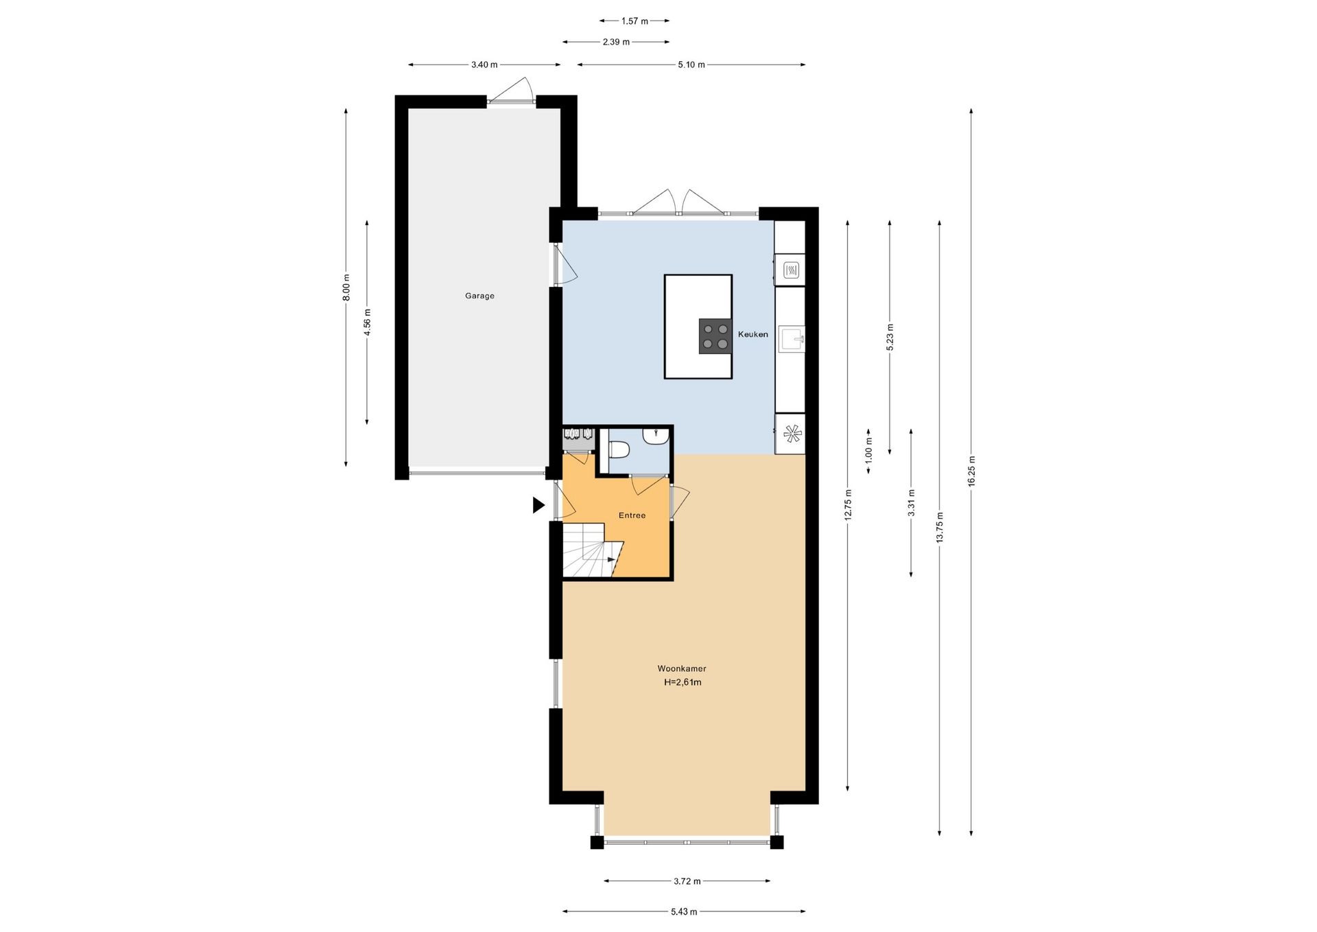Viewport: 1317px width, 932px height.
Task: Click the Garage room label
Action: [x=479, y=296]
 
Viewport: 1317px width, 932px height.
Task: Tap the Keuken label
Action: [x=752, y=334]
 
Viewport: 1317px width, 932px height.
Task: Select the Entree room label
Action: [x=632, y=515]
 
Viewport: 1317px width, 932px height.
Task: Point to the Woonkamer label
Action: [x=682, y=668]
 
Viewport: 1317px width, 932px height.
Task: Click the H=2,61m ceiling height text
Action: [x=683, y=682]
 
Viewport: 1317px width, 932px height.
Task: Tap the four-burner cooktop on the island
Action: [x=715, y=336]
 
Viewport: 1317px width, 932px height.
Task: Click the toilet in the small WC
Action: [x=619, y=450]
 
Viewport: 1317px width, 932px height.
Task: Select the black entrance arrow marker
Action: [x=538, y=505]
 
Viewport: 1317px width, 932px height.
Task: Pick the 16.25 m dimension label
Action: [x=971, y=471]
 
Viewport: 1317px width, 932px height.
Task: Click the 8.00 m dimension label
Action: [x=346, y=287]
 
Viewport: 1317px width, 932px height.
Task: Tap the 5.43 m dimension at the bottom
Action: [x=684, y=911]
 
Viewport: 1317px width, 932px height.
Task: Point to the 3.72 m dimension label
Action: [x=687, y=881]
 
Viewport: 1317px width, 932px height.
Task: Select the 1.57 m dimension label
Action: [x=634, y=21]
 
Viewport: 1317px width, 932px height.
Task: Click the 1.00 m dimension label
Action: [x=868, y=452]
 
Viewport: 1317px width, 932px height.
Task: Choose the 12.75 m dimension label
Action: [x=849, y=505]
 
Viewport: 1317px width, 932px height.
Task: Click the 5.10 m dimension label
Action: [x=691, y=65]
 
